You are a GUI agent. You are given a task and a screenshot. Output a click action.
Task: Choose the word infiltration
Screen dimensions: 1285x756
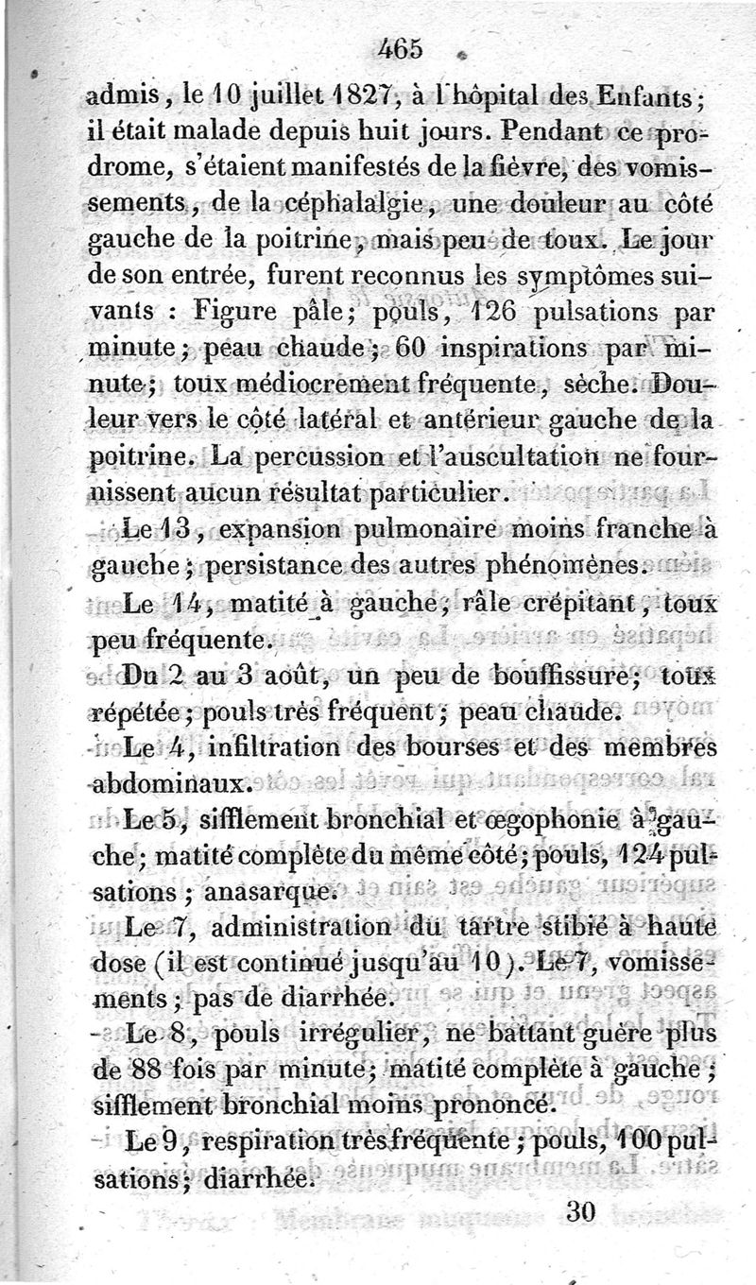click(x=273, y=747)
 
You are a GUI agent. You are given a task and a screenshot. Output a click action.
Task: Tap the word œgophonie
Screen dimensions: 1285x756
click(x=548, y=820)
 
